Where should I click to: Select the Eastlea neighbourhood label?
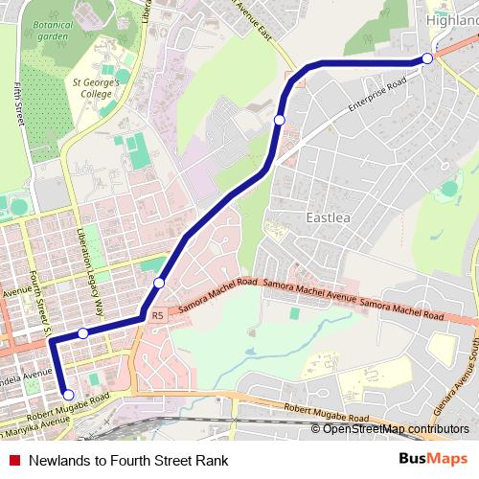329,217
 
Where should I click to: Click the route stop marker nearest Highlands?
427,58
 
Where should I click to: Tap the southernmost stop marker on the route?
67,394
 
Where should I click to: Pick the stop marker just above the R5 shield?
159,284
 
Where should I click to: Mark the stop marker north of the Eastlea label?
279,119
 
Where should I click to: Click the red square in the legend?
12,460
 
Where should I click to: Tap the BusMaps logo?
434,459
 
